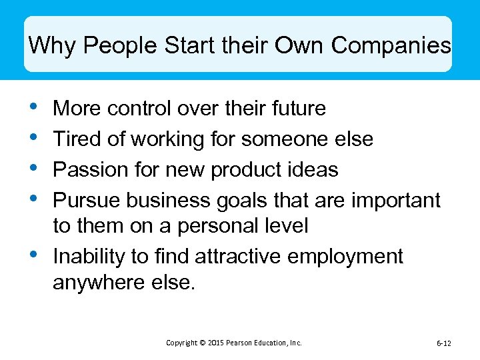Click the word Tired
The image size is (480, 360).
(x=75, y=139)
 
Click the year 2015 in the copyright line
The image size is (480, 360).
(x=215, y=343)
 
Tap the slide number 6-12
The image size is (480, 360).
(x=443, y=343)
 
